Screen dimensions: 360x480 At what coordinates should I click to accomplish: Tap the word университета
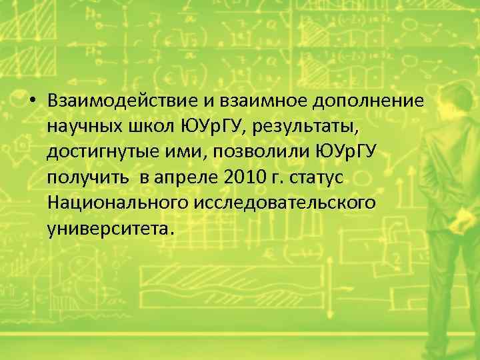(109, 228)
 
